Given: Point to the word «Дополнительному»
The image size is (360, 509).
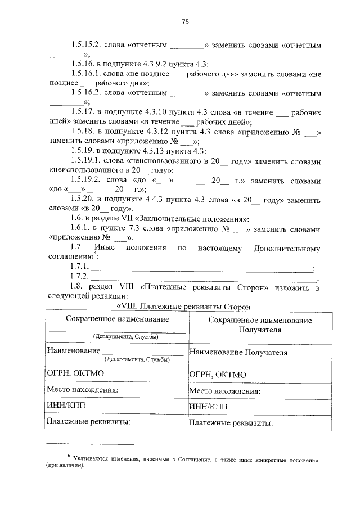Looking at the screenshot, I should (287, 248).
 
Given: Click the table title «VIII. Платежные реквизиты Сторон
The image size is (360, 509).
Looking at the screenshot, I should (183, 307).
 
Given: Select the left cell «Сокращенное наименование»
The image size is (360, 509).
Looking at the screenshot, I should (117, 319).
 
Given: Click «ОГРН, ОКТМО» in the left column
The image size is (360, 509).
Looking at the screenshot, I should (75, 372).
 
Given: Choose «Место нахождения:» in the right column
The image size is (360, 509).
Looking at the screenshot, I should (224, 390).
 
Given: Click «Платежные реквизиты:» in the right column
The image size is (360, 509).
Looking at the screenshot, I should (231, 422).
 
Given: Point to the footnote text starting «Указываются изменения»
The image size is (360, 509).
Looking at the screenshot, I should (191, 460).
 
